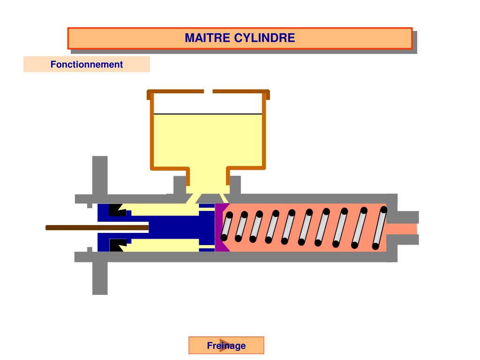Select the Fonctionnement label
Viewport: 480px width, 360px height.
click(87, 65)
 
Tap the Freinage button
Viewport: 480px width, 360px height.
click(226, 346)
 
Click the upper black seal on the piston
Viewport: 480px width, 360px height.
click(115, 210)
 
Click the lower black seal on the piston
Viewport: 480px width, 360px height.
click(115, 245)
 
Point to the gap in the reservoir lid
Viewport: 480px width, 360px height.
click(208, 91)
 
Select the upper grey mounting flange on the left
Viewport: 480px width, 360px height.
click(100, 176)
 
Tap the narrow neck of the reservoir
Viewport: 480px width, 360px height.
click(208, 180)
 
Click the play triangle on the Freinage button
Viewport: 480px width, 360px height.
click(224, 345)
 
